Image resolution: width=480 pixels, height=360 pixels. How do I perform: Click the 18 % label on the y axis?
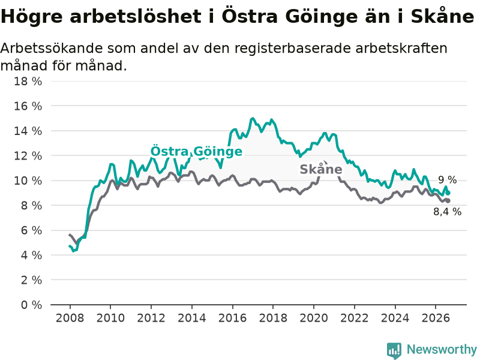click(x=28, y=82)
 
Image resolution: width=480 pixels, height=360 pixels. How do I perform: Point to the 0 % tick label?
click(x=31, y=305)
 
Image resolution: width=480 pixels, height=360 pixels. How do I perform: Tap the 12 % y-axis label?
click(x=28, y=156)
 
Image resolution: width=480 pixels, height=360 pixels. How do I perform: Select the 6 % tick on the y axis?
click(x=31, y=230)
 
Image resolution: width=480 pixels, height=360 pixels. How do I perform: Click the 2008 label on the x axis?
click(x=70, y=318)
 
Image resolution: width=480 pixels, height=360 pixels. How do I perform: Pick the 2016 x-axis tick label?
click(x=232, y=318)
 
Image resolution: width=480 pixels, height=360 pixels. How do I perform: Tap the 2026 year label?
click(x=436, y=318)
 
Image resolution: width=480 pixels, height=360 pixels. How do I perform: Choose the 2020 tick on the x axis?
click(x=314, y=318)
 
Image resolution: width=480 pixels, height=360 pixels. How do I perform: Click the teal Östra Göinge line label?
click(x=196, y=151)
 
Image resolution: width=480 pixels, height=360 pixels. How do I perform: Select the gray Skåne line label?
click(x=321, y=169)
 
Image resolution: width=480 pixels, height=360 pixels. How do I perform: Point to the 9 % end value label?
click(x=447, y=180)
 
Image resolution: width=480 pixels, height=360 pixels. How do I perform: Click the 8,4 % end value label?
click(x=447, y=212)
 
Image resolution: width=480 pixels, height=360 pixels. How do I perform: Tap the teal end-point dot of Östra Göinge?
click(x=448, y=193)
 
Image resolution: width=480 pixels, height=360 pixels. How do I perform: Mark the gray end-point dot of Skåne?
click(x=448, y=201)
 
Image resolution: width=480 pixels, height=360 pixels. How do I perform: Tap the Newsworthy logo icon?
click(x=394, y=350)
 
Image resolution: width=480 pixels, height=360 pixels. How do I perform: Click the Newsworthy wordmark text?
click(x=442, y=349)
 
